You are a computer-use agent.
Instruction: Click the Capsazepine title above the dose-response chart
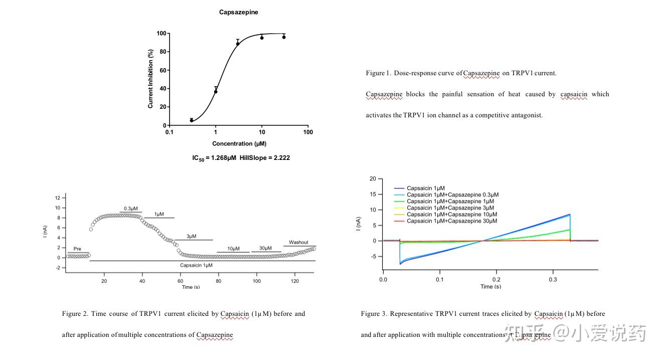tap(238, 12)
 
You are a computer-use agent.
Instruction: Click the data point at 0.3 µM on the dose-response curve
tap(192, 120)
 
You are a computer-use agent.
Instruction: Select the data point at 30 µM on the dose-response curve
tap(284, 37)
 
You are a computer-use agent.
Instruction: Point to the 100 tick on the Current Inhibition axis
tap(161, 34)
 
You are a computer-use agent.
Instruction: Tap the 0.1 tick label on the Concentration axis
tap(169, 132)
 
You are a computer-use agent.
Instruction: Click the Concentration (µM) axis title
tap(239, 144)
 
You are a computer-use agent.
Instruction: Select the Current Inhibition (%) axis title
tap(150, 79)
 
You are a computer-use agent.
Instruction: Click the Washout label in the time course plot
tap(298, 242)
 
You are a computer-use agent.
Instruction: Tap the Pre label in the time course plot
tap(77, 249)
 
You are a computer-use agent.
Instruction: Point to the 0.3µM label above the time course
tap(131, 209)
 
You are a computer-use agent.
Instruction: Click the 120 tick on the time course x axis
tap(295, 281)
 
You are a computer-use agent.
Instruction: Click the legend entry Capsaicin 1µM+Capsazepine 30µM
tap(452, 221)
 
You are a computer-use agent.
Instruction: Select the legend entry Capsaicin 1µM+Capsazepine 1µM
tap(450, 202)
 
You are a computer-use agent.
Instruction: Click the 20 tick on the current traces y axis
tap(372, 178)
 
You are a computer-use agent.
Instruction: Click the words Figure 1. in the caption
tap(378, 73)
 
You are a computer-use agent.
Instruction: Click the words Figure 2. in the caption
tap(75, 314)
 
